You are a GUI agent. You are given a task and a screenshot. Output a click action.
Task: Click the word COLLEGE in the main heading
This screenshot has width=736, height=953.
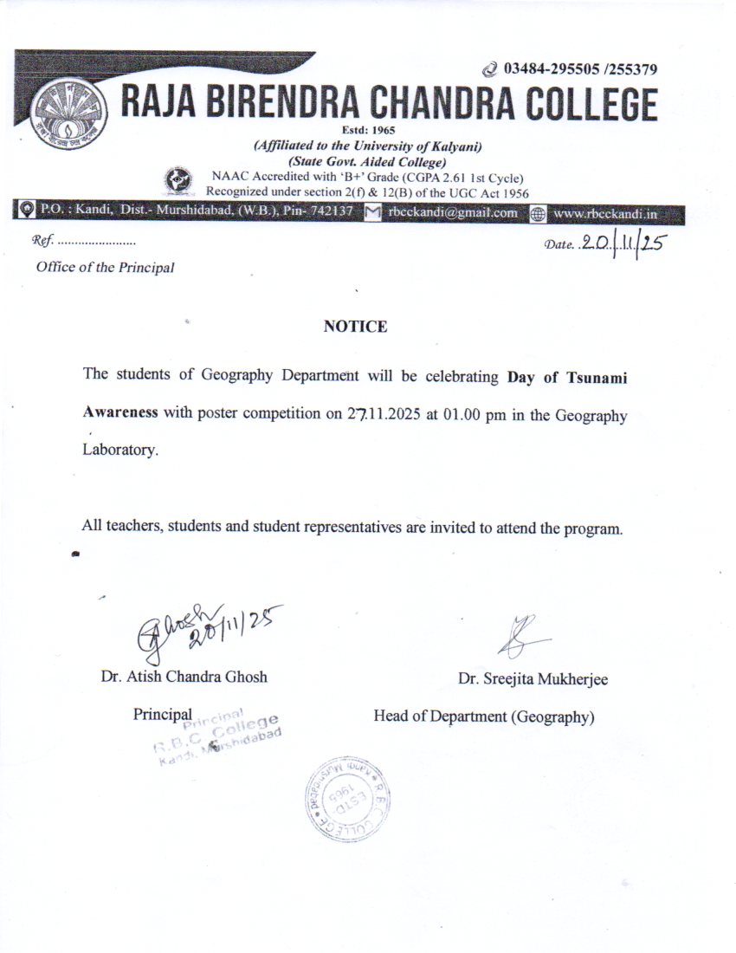click(582, 106)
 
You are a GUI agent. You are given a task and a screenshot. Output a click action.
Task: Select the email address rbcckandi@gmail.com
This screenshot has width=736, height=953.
click(453, 212)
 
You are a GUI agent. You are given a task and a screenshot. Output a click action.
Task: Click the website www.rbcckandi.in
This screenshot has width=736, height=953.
click(604, 212)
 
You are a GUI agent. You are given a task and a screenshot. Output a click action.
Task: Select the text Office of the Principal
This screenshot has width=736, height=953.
click(105, 267)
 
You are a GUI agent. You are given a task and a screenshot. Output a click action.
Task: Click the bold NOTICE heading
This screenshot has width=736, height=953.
click(355, 327)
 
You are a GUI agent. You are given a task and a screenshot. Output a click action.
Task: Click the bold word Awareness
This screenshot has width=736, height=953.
click(120, 412)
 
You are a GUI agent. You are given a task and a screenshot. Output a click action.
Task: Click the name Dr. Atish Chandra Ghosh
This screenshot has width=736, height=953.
click(184, 677)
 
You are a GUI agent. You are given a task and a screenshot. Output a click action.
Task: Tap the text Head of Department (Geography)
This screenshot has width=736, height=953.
click(484, 716)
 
